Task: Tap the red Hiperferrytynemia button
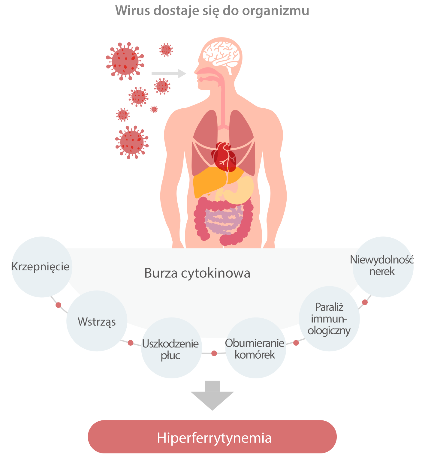212,437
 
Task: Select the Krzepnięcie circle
41,267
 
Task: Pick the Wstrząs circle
97,321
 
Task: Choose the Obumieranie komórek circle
255,348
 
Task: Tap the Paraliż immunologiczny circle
329,319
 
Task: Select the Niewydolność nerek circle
382,266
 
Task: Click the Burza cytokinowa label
197,273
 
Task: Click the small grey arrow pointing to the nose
168,73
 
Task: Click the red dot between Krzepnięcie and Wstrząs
59,305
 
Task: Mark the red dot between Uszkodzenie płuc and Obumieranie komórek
214,353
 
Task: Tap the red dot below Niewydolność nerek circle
365,302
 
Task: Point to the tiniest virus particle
154,109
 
